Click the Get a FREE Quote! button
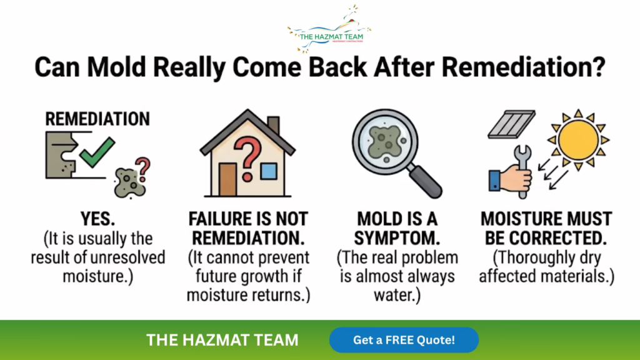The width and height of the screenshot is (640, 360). click(404, 340)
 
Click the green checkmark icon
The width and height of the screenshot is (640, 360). click(97, 152)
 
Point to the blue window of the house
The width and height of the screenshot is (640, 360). click(269, 171)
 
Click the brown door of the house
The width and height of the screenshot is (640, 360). click(227, 179)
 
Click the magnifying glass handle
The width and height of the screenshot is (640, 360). click(424, 181)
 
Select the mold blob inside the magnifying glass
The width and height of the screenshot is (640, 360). click(384, 141)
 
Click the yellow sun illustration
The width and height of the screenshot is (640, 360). click(578, 139)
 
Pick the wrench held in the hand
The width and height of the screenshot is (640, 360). click(522, 171)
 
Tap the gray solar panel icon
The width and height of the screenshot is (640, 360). click(511, 124)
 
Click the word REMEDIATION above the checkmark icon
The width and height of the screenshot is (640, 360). click(97, 119)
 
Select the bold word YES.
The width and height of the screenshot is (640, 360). click(97, 219)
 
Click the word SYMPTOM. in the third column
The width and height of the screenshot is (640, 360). click(397, 238)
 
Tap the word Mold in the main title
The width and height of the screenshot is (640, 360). click(116, 66)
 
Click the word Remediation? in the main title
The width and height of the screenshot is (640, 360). click(524, 66)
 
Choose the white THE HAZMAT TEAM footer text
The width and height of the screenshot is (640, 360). click(222, 340)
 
